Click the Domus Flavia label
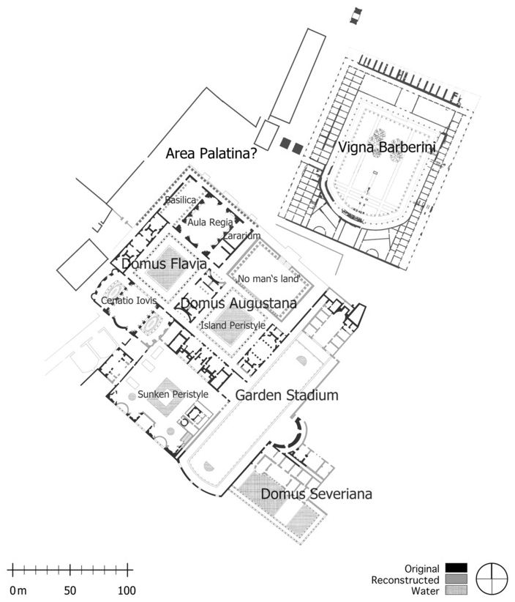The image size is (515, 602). click(x=164, y=264)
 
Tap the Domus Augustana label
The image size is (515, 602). click(x=238, y=303)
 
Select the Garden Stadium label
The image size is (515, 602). click(x=287, y=395)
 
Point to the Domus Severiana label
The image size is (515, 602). click(x=316, y=494)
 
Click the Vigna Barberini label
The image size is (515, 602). click(x=387, y=147)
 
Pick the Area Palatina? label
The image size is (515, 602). click(x=211, y=154)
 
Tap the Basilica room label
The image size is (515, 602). click(x=180, y=200)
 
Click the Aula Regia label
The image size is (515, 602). click(x=210, y=222)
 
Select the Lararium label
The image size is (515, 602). click(x=242, y=235)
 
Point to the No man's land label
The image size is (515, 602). click(x=268, y=278)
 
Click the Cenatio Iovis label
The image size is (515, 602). click(x=129, y=300)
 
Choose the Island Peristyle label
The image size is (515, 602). click(x=233, y=325)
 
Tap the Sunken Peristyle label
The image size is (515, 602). click(x=173, y=394)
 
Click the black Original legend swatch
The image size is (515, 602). click(x=456, y=568)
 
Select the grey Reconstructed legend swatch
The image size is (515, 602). click(x=456, y=579)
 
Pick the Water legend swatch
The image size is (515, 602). click(x=456, y=590)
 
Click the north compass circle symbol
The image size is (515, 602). click(x=492, y=579)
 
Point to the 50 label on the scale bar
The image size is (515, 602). click(x=70, y=590)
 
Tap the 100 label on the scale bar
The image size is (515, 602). click(x=126, y=590)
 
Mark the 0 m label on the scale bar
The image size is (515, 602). click(x=18, y=590)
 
